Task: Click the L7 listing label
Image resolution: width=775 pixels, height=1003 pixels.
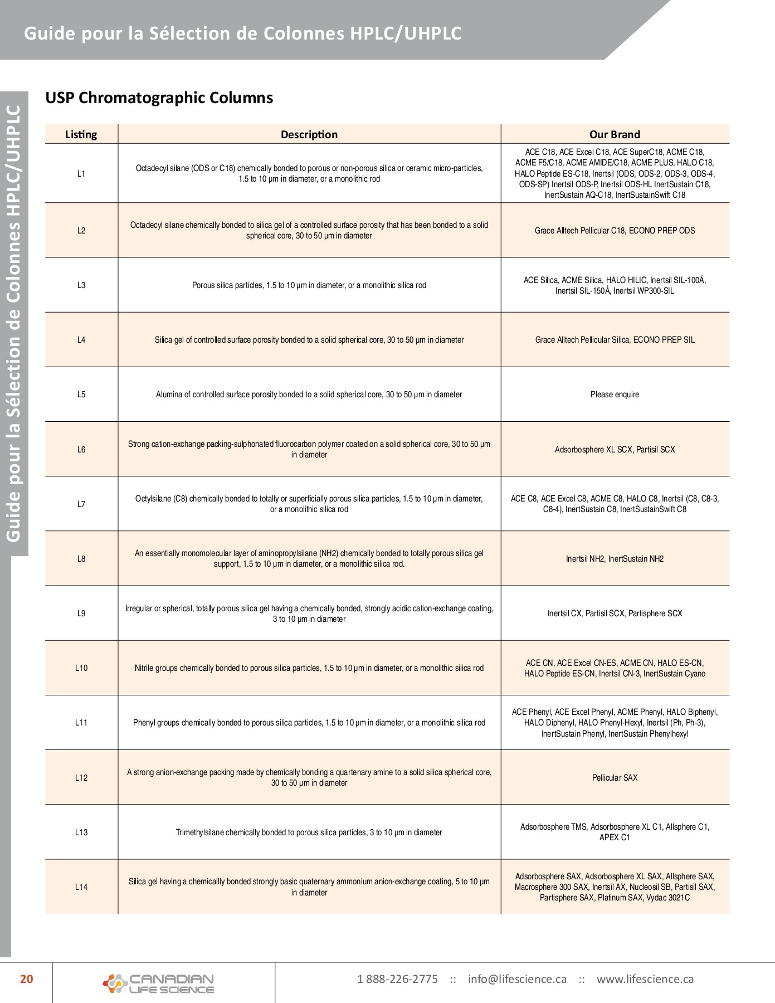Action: (x=81, y=504)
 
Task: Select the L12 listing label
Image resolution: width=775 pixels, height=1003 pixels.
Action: (x=81, y=777)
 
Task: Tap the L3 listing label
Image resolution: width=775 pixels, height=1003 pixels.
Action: (x=81, y=285)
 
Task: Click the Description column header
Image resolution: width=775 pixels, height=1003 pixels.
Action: (x=309, y=134)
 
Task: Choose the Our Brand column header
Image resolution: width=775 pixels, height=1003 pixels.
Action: (x=615, y=134)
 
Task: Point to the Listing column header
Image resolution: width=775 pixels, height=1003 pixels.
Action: (x=81, y=134)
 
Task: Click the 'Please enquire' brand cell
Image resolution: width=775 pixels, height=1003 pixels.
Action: (x=615, y=395)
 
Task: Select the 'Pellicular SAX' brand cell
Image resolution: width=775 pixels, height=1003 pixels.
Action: (x=615, y=777)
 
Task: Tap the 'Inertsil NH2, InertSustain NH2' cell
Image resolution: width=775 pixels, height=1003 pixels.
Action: (x=615, y=558)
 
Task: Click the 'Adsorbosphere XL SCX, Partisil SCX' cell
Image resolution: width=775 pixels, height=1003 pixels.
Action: (x=615, y=449)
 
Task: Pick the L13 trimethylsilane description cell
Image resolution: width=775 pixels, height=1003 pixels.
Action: (x=309, y=832)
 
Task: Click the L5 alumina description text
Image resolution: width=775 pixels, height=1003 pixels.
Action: (x=309, y=395)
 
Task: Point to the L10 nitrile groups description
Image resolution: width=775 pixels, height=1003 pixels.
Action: (x=309, y=668)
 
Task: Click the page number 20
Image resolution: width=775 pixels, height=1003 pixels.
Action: (x=27, y=979)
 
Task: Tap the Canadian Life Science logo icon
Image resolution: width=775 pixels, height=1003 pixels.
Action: (x=114, y=983)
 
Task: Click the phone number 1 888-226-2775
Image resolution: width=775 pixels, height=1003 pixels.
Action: (x=397, y=979)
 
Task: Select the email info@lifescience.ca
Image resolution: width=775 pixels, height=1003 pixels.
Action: (x=517, y=979)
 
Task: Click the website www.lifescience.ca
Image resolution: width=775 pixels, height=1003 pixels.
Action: (x=645, y=979)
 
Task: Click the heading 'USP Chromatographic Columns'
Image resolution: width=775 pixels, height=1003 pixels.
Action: (x=159, y=98)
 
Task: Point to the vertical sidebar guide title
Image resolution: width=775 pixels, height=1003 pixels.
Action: (x=13, y=323)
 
